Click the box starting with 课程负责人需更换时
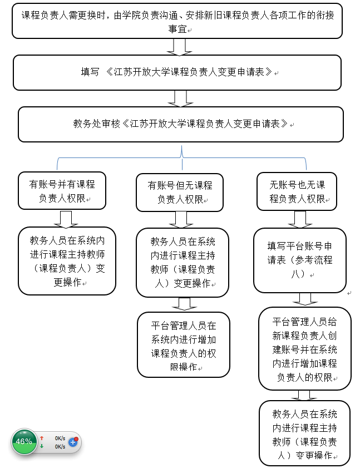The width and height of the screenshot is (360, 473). tap(177, 21)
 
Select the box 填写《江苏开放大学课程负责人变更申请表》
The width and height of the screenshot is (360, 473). tap(177, 72)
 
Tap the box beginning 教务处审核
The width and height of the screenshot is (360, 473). tap(181, 124)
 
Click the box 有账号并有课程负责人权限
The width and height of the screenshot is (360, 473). tap(62, 191)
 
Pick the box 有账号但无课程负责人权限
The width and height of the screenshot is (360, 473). tap(180, 192)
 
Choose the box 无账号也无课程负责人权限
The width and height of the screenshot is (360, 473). tap(297, 191)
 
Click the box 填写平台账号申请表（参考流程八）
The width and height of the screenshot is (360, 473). tap(300, 260)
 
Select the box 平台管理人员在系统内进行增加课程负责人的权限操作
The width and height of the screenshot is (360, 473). tap(184, 345)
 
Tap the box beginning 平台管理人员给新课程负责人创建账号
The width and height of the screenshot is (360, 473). tap(305, 349)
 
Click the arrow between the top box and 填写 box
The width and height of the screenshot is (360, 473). tap(179, 47)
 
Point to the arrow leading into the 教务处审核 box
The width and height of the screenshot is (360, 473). tap(181, 98)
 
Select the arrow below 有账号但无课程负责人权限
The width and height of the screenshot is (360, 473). tap(181, 220)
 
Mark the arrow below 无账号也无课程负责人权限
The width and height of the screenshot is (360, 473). tap(300, 219)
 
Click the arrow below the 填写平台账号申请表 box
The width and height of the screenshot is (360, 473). tap(305, 299)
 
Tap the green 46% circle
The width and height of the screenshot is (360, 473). tap(24, 442)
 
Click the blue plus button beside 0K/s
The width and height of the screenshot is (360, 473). tap(73, 442)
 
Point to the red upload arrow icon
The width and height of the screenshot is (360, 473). tap(42, 438)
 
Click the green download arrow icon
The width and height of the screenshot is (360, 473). tap(42, 446)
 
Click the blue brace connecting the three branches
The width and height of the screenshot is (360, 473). tap(181, 157)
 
